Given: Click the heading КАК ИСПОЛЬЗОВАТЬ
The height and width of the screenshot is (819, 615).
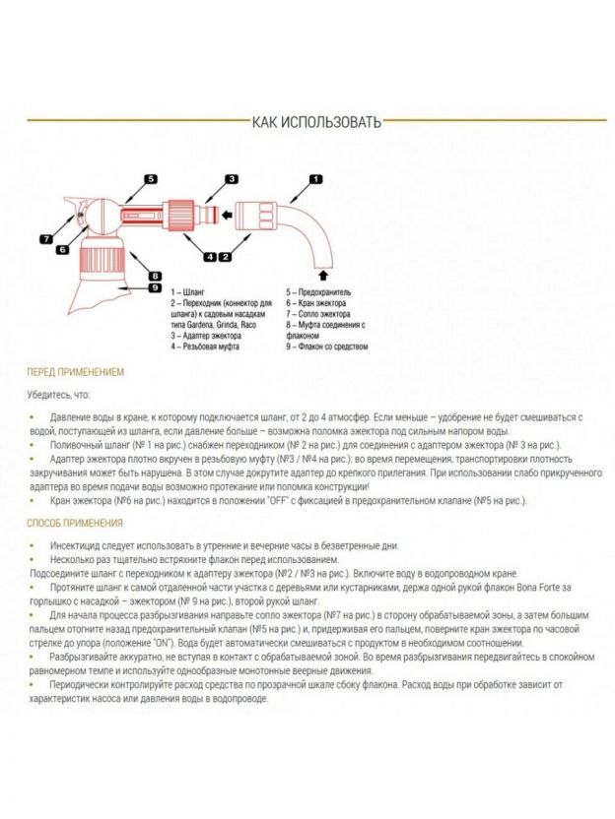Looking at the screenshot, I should click(x=315, y=122).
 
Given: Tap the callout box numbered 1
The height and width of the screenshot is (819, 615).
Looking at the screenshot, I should click(x=315, y=179).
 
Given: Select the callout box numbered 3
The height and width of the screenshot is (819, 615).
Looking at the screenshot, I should click(x=232, y=179).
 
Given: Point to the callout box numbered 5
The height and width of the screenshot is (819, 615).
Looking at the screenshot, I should click(x=151, y=179).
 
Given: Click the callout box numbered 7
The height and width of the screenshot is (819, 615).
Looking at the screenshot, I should click(x=46, y=238).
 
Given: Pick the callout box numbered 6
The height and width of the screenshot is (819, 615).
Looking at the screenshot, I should click(x=61, y=250).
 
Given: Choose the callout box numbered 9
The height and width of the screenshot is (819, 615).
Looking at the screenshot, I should click(x=155, y=287).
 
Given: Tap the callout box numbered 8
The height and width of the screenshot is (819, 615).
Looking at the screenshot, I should click(x=155, y=275).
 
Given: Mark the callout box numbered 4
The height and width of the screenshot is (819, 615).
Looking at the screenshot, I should click(x=210, y=257).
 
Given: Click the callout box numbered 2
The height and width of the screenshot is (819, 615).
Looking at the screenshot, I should click(x=226, y=257).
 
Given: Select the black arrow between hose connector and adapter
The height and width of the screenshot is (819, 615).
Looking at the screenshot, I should click(x=225, y=212).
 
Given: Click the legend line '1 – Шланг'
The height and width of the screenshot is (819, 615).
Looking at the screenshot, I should click(x=188, y=292).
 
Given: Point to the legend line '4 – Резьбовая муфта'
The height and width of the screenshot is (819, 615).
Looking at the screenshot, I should click(x=204, y=346).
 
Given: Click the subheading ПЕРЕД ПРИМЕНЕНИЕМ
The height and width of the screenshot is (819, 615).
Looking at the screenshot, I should click(x=76, y=373).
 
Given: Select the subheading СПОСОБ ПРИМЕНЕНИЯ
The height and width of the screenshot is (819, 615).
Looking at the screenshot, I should click(x=75, y=523).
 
